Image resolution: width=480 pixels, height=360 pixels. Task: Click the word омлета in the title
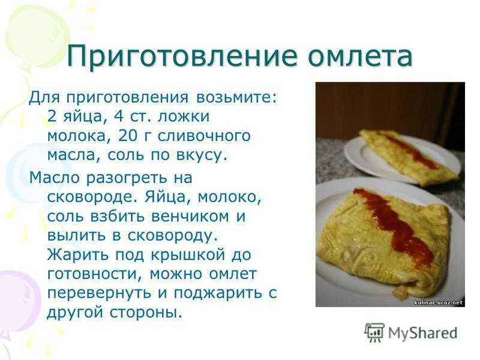click(x=359, y=56)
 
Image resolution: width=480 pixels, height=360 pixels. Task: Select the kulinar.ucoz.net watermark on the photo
click(x=439, y=302)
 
